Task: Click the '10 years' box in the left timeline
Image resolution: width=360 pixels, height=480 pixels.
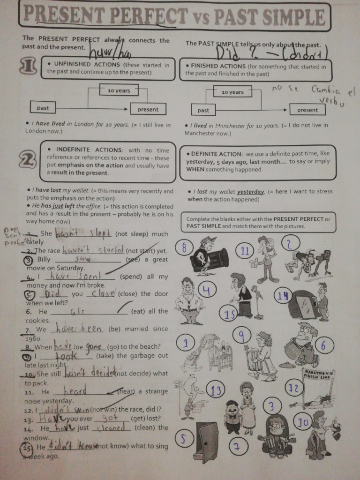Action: click(119, 90)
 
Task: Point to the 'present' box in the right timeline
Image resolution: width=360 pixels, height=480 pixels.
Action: click(307, 110)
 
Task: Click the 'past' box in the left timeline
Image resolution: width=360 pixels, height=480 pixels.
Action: click(43, 108)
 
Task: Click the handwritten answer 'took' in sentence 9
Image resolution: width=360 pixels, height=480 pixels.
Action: click(69, 356)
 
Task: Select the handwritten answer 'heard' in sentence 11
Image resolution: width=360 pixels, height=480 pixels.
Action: click(75, 390)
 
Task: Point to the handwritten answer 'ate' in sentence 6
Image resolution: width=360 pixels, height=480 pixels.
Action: click(76, 311)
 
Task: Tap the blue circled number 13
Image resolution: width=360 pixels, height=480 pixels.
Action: click(216, 390)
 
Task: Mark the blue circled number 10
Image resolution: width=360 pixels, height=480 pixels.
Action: click(303, 423)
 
